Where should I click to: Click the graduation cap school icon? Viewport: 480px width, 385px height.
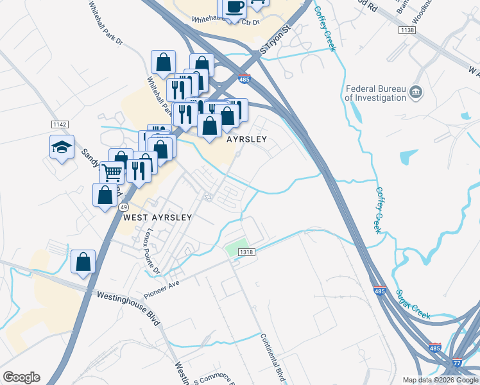tap(62, 148)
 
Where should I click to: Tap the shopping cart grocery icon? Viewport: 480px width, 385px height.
tap(112, 172)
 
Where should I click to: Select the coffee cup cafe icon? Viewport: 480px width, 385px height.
tap(234, 7)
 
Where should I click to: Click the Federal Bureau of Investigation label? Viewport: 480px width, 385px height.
tap(375, 93)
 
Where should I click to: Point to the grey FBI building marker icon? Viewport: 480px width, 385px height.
tap(416, 93)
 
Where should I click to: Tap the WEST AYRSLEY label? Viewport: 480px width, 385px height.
tap(157, 218)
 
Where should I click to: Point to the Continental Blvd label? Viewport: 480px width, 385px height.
tap(273, 356)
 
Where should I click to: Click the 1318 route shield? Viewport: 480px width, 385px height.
tap(247, 252)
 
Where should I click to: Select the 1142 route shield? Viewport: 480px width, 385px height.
tap(60, 124)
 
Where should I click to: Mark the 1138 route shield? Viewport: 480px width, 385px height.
tap(406, 30)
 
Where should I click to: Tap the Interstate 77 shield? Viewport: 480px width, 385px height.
tap(458, 362)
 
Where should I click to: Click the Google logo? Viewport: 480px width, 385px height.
tap(21, 377)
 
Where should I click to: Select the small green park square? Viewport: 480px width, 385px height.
tap(236, 248)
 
